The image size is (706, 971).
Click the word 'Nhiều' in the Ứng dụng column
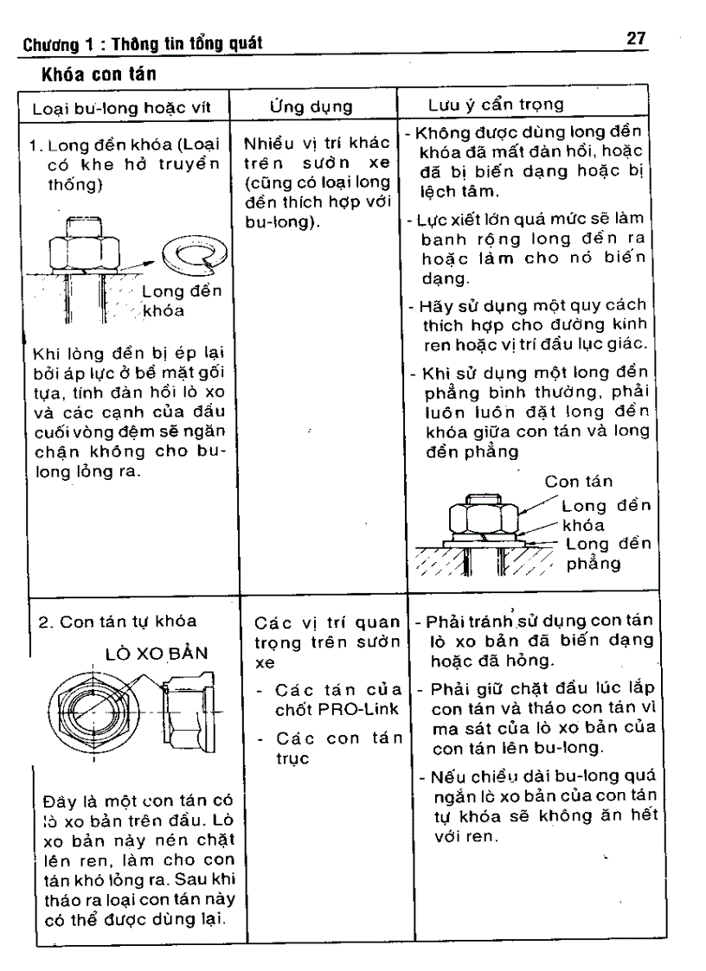pyautogui.click(x=266, y=144)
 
